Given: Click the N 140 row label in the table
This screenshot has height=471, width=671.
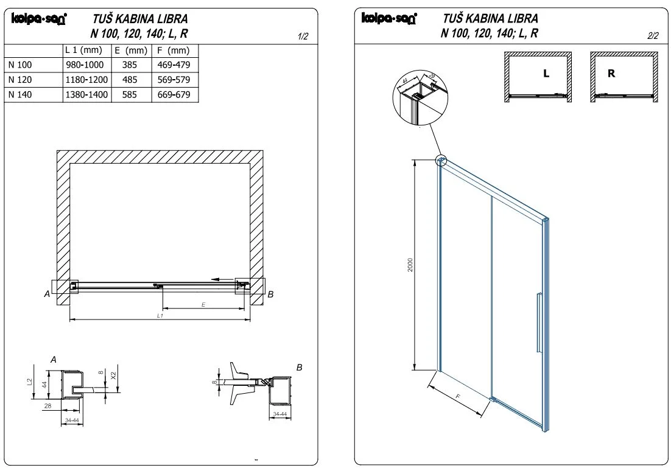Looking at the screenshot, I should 21,95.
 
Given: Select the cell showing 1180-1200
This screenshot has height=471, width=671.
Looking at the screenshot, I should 86,80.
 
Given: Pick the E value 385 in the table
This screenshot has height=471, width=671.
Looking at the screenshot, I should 129,65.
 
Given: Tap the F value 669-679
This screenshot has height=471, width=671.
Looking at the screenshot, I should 174,95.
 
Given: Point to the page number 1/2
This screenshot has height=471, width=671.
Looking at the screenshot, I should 303,37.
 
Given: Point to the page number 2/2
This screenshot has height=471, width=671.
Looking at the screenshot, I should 653,36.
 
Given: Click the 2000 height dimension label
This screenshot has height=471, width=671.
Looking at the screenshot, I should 410,265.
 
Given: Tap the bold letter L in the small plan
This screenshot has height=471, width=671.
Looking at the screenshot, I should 546,74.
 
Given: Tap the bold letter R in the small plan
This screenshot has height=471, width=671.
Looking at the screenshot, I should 612,74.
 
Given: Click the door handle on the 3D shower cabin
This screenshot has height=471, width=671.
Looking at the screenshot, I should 538,323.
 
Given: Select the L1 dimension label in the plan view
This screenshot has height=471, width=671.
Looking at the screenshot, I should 160,316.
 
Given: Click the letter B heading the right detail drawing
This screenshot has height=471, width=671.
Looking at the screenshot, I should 299,368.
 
